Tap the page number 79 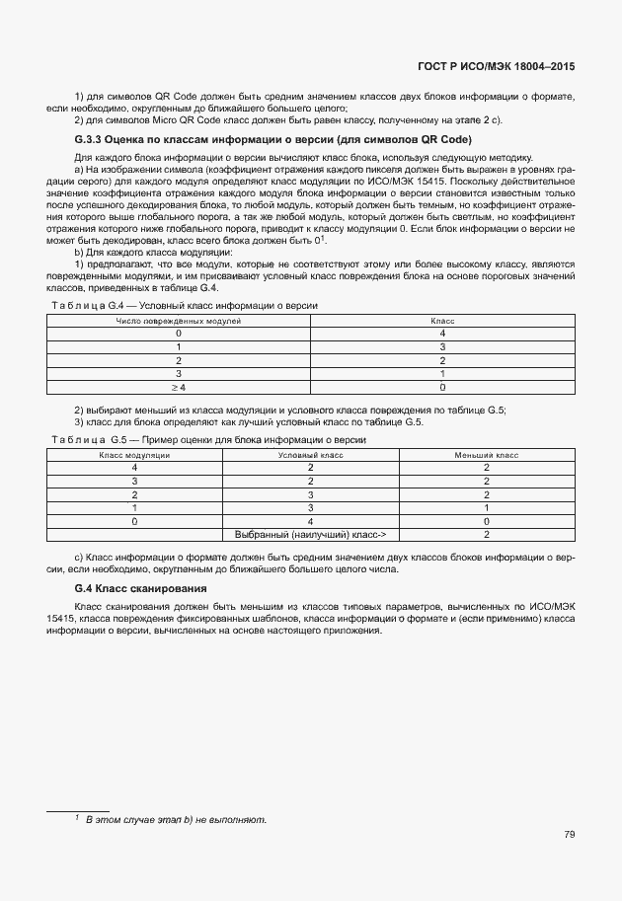point(570,835)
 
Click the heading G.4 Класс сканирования point(140,589)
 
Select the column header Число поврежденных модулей point(179,321)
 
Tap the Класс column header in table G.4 point(442,321)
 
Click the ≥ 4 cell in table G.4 point(179,388)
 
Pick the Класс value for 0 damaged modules point(442,334)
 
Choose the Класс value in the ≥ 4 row point(442,388)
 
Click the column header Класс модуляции point(134,454)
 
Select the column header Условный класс point(310,454)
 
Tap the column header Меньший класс point(487,454)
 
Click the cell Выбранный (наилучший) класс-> point(310,534)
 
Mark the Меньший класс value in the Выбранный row point(487,534)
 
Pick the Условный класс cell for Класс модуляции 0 point(310,520)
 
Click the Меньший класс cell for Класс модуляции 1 point(487,507)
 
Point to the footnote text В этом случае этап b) point(176,820)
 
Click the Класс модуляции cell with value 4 point(134,467)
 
